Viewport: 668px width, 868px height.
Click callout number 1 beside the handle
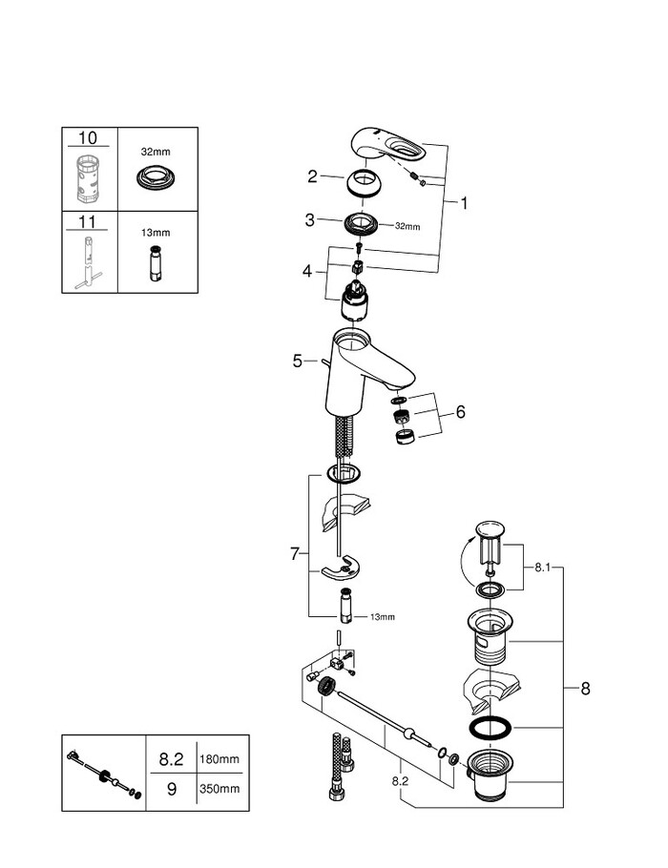coord(465,202)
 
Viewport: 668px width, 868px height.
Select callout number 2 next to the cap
coord(312,176)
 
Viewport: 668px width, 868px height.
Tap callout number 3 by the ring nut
coord(309,220)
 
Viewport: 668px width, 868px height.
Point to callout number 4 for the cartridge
coord(307,271)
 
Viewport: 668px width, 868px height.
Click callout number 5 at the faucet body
coord(298,361)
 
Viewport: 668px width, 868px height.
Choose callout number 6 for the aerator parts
coord(460,412)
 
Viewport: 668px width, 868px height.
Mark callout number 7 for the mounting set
coord(296,552)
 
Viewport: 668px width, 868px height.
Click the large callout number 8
coord(584,687)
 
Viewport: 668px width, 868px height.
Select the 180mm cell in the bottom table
coord(220,760)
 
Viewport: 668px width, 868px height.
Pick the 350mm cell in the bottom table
coord(220,790)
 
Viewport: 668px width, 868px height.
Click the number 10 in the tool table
coord(88,139)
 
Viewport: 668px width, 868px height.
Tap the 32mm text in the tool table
coord(155,151)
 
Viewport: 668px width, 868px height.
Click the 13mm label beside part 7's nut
coord(382,617)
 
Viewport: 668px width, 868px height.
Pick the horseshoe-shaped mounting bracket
coord(340,570)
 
